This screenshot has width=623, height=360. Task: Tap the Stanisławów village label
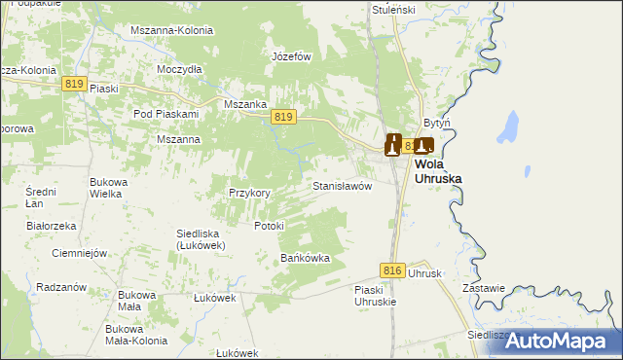342,185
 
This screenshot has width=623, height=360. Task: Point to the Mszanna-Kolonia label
171,30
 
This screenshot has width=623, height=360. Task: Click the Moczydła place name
179,70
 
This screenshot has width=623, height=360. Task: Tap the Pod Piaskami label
165,114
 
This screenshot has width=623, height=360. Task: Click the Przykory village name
249,193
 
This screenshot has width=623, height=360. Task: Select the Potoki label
268,226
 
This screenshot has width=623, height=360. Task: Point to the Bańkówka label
306,258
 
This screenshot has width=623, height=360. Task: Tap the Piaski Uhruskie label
375,296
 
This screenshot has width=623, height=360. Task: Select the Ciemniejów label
78,253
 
